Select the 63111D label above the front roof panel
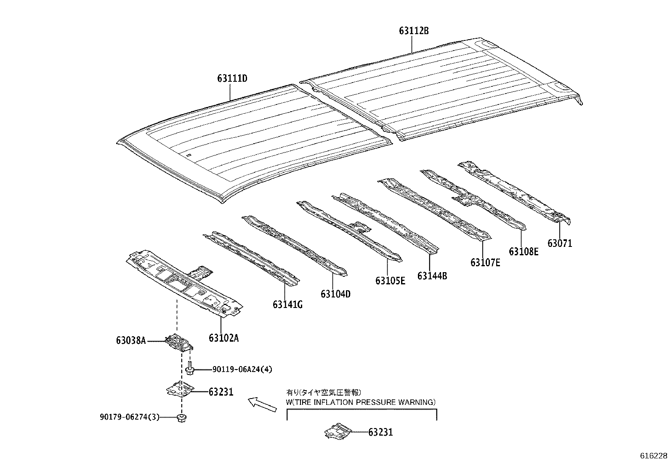coord(232,78)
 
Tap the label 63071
coord(560,243)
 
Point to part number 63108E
coord(524,252)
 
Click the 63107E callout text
coord(485,262)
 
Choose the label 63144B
coord(432,276)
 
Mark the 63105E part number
coord(390,281)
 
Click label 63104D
coord(335,294)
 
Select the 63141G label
coord(287,305)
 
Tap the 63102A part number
coord(223,338)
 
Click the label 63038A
coord(131,340)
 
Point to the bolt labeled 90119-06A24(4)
coord(189,369)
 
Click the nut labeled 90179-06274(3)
coord(183,418)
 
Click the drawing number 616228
coord(654,456)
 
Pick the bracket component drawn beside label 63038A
coord(179,341)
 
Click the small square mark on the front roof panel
coord(189,155)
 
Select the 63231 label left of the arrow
coord(221,392)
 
